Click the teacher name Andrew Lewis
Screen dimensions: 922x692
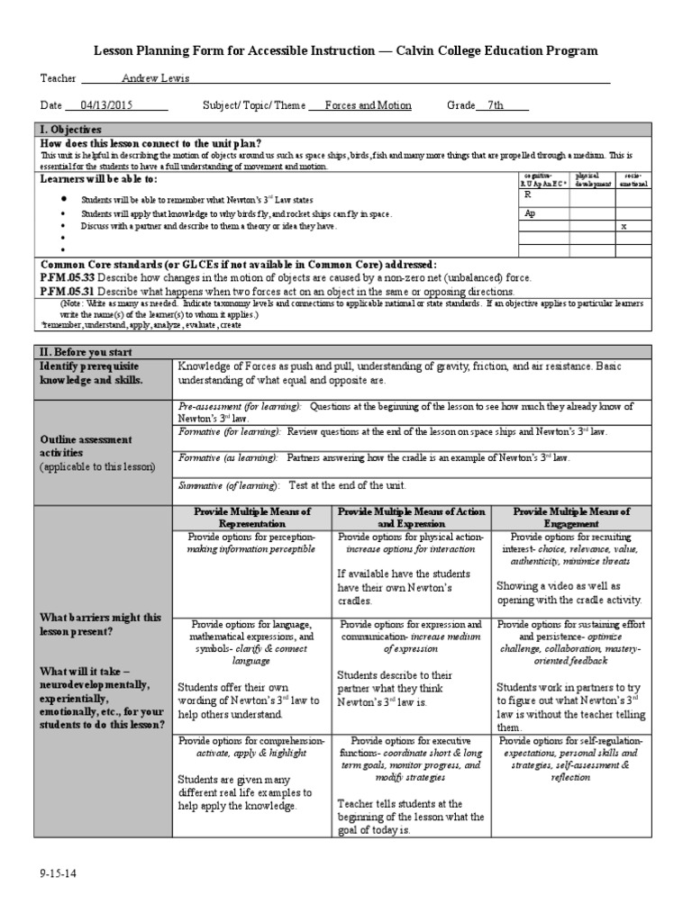(x=156, y=79)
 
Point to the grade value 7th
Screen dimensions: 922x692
(x=496, y=105)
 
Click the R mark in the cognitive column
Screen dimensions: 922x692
(x=527, y=194)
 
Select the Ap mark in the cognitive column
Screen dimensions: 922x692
(x=530, y=214)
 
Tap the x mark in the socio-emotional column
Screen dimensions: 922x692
(x=623, y=227)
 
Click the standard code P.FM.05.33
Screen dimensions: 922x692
(x=67, y=278)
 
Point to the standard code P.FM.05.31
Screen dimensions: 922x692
(x=67, y=292)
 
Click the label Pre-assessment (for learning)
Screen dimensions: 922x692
(x=229, y=407)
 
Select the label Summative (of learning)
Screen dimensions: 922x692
(x=228, y=485)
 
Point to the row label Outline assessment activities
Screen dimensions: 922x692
(x=86, y=446)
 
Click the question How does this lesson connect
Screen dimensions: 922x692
(x=151, y=144)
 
